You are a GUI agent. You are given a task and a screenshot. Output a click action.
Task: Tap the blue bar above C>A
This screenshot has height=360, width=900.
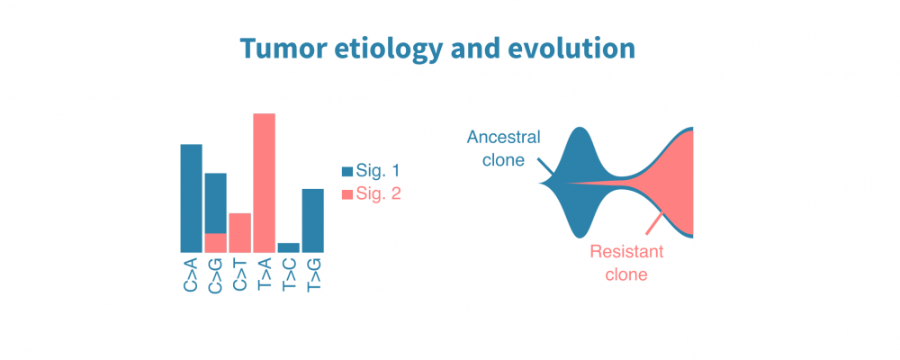tap(191, 198)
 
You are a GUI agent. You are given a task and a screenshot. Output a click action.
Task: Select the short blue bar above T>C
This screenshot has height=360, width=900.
tap(288, 247)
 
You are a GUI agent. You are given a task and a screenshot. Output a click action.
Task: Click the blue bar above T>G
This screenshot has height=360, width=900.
tap(312, 220)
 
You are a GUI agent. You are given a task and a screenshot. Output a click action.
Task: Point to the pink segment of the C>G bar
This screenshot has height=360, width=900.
tap(215, 243)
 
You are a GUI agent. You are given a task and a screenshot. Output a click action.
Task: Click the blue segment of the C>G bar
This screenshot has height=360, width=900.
tap(215, 202)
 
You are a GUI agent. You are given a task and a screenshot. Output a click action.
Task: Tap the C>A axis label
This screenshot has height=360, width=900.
tap(191, 274)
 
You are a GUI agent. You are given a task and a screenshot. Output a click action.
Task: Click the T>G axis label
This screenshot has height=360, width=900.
tap(313, 274)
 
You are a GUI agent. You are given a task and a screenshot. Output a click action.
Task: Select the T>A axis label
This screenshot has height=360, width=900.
tap(265, 274)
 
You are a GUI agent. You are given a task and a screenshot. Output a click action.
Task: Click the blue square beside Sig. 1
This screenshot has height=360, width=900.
tap(346, 171)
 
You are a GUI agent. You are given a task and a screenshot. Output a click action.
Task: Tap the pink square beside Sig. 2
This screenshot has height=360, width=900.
tap(346, 194)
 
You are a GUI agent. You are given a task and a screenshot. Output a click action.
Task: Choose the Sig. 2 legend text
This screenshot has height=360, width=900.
tap(378, 194)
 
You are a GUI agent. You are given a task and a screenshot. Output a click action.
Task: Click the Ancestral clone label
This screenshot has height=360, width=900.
tap(504, 148)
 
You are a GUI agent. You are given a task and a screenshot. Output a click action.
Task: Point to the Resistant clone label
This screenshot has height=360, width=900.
tap(625, 263)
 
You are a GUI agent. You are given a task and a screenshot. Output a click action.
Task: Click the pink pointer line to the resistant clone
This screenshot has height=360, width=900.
tap(655, 224)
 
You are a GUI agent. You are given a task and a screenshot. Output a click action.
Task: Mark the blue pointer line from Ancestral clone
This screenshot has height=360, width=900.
tap(545, 167)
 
